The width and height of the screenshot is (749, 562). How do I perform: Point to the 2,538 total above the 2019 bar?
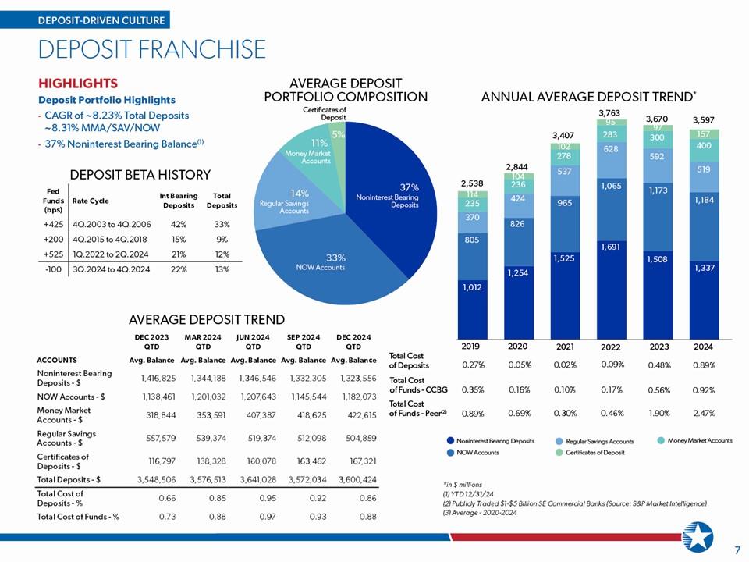tap(472, 183)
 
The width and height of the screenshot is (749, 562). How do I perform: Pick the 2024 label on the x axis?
tap(703, 347)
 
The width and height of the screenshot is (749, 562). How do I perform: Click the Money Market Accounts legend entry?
tap(695, 440)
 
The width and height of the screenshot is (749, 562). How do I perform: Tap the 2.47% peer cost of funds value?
tap(704, 413)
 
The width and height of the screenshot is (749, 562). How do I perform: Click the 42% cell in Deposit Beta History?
tap(179, 224)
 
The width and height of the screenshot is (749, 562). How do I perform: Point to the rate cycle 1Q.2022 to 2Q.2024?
tap(110, 254)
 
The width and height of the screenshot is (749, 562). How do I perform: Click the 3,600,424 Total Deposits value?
tap(358, 479)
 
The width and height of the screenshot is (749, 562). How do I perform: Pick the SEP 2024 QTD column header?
tap(304, 342)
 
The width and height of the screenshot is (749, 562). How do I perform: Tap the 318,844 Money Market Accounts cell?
tap(161, 415)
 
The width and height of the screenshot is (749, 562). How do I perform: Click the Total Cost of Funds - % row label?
tap(78, 517)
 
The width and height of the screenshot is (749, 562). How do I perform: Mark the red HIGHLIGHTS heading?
tap(78, 84)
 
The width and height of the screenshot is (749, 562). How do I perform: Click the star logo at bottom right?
tap(698, 537)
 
